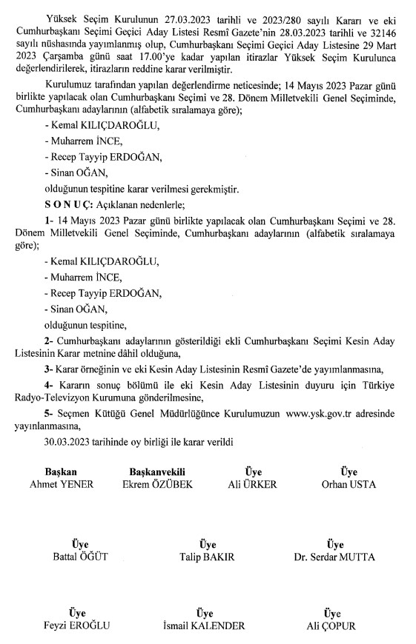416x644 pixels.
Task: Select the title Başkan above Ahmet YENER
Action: (61, 472)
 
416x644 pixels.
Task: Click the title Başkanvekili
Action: (156, 472)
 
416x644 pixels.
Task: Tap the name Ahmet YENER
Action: (61, 484)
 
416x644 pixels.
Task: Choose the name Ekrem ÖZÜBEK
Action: (156, 484)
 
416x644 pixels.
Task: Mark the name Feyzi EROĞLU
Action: (77, 625)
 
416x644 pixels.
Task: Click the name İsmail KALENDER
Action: (202, 625)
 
